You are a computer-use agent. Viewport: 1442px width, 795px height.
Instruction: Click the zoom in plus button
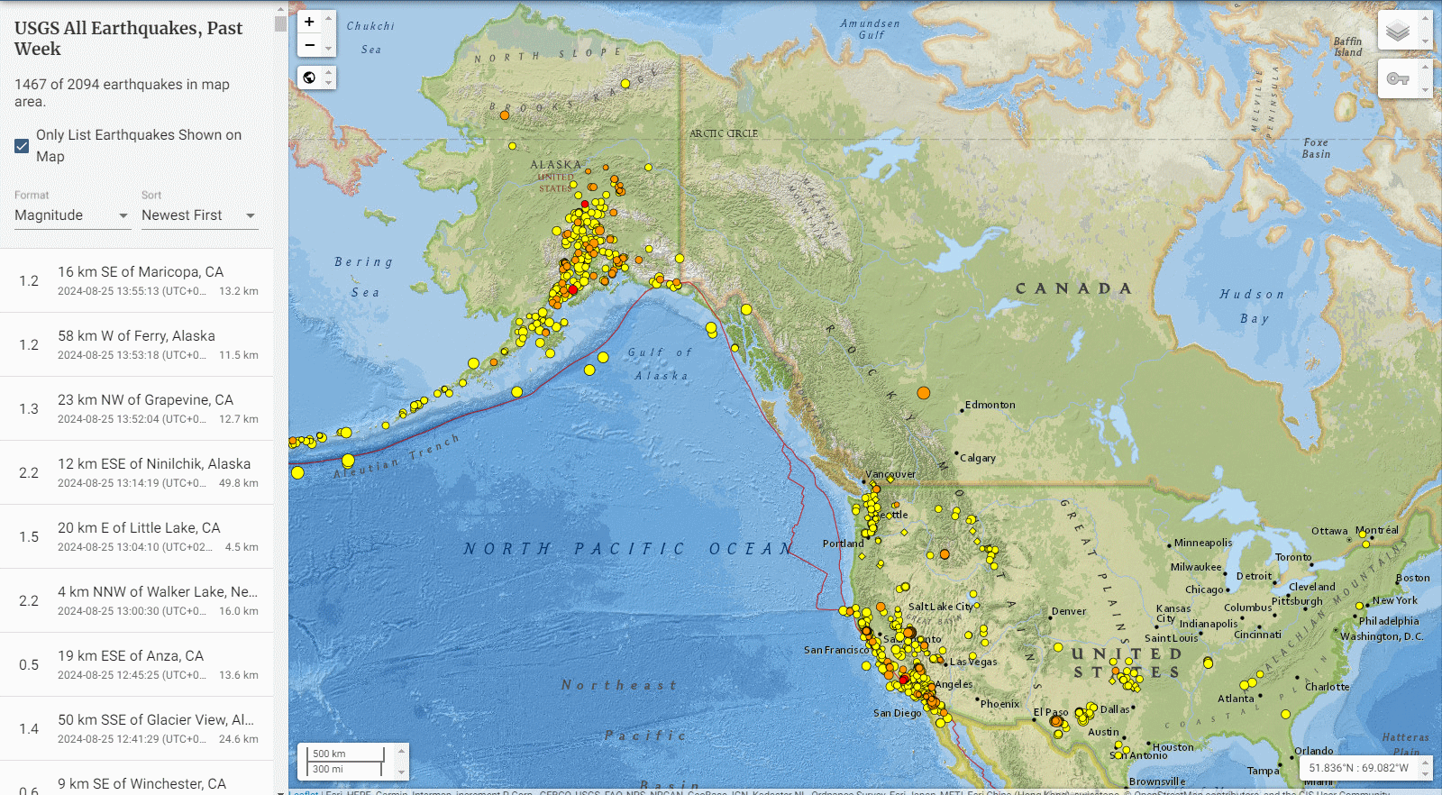[309, 22]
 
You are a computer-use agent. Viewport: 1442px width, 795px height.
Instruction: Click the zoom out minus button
[309, 45]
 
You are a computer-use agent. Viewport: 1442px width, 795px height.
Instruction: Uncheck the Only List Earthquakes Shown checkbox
[23, 146]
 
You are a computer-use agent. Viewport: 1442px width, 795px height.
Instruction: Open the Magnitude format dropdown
[72, 215]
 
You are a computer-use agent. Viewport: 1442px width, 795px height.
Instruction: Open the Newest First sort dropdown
[199, 215]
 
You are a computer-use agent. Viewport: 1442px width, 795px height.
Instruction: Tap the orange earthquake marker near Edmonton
[924, 393]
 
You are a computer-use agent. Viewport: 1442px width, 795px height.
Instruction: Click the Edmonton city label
[990, 405]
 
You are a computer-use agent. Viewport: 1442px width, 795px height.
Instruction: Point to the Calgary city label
[978, 458]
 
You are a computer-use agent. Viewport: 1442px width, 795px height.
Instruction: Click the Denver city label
[1069, 611]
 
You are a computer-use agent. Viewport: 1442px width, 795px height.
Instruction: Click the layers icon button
[1397, 32]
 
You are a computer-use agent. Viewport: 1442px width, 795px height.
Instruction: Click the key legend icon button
[1397, 79]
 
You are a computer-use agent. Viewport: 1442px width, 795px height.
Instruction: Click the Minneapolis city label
[1203, 543]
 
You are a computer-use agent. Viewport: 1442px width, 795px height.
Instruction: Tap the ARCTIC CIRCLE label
[724, 133]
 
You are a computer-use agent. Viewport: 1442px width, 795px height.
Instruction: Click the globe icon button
[309, 78]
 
